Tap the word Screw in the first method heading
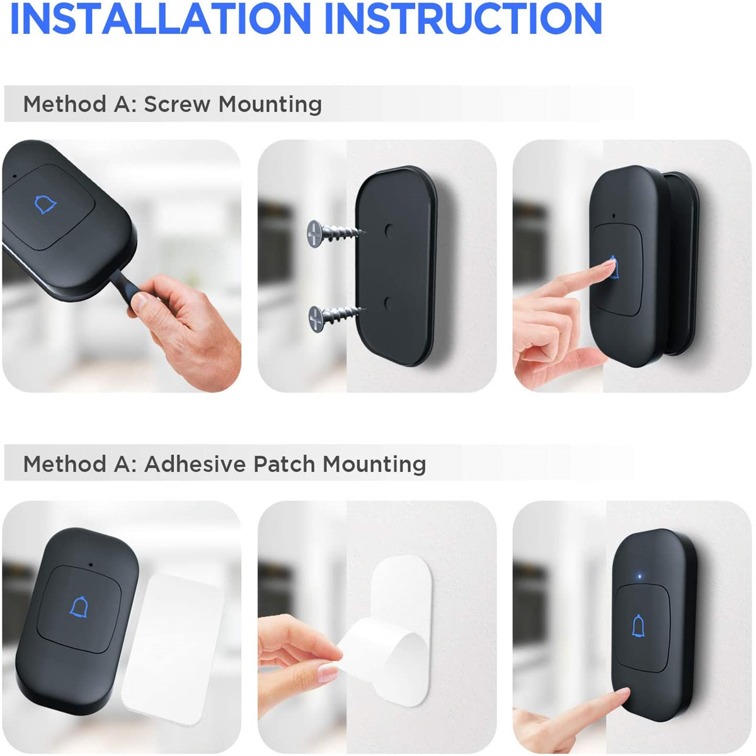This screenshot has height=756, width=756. [176, 104]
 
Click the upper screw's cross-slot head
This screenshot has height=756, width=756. [314, 234]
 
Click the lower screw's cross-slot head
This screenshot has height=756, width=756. [316, 318]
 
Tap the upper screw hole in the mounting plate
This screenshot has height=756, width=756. [389, 231]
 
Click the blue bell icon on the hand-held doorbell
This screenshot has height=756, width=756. [45, 204]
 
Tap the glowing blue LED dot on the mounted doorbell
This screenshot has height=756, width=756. [640, 576]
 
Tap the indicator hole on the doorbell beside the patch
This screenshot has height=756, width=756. [91, 565]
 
